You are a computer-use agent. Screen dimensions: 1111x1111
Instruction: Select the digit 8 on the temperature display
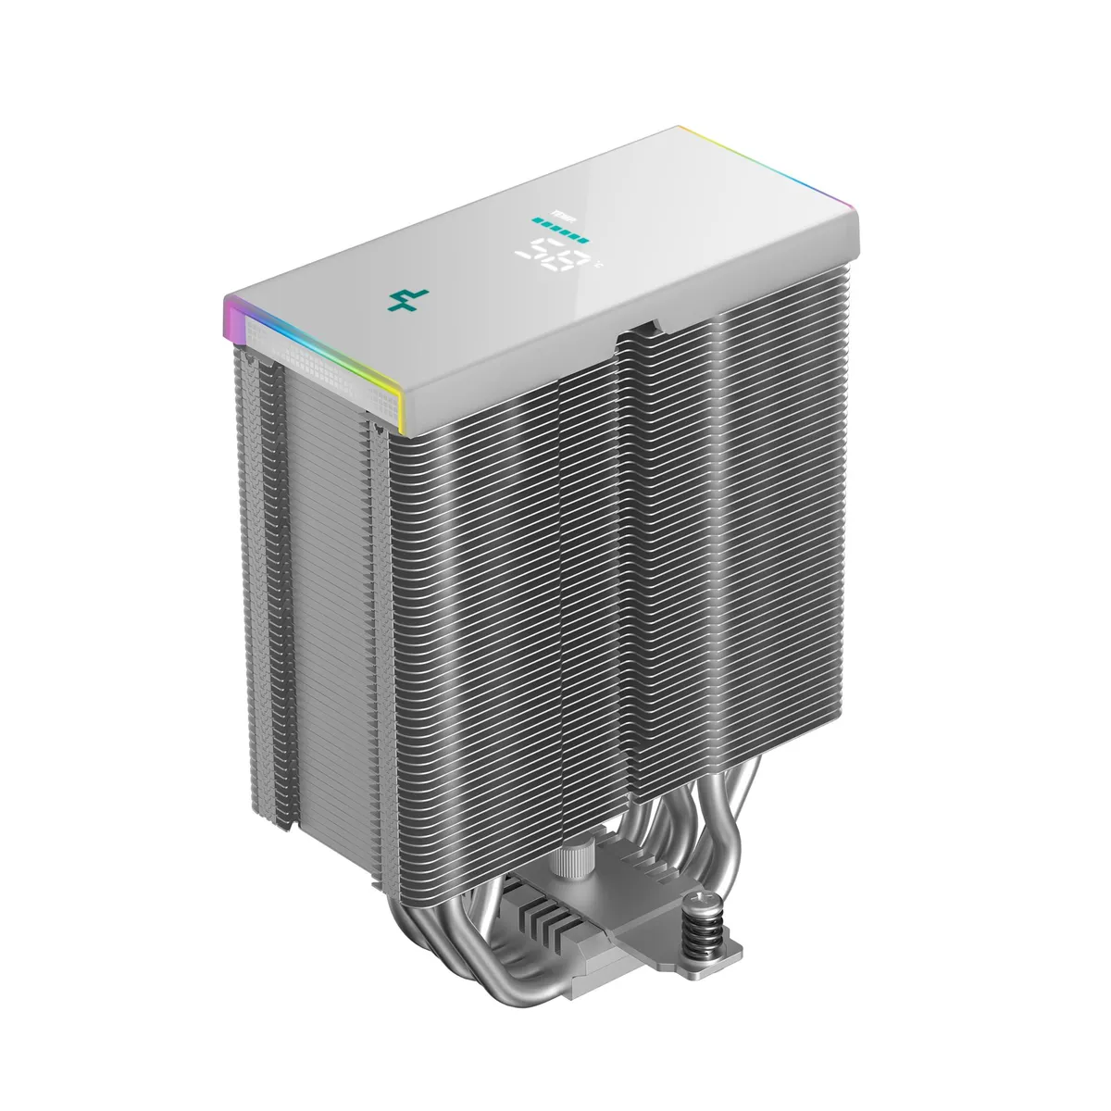[575, 260]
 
